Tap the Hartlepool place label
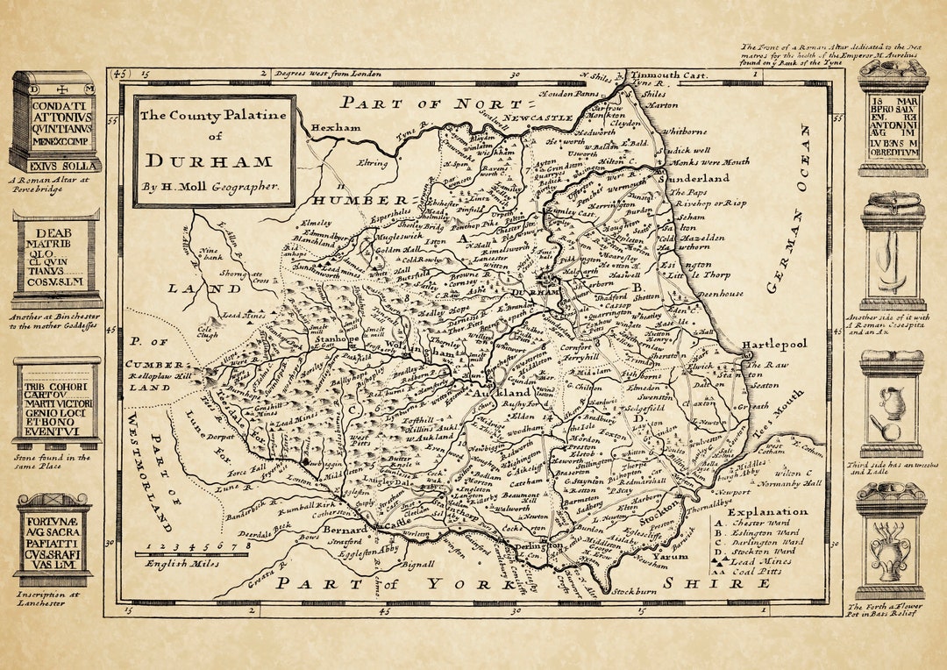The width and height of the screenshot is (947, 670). coord(773,345)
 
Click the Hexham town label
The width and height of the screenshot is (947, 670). coord(336,127)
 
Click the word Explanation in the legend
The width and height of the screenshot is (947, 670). coord(767,511)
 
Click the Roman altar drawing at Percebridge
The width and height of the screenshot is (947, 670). coord(54,122)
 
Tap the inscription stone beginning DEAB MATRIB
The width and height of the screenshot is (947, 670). coord(56,259)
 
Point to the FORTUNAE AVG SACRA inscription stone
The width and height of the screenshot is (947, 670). coord(54,539)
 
